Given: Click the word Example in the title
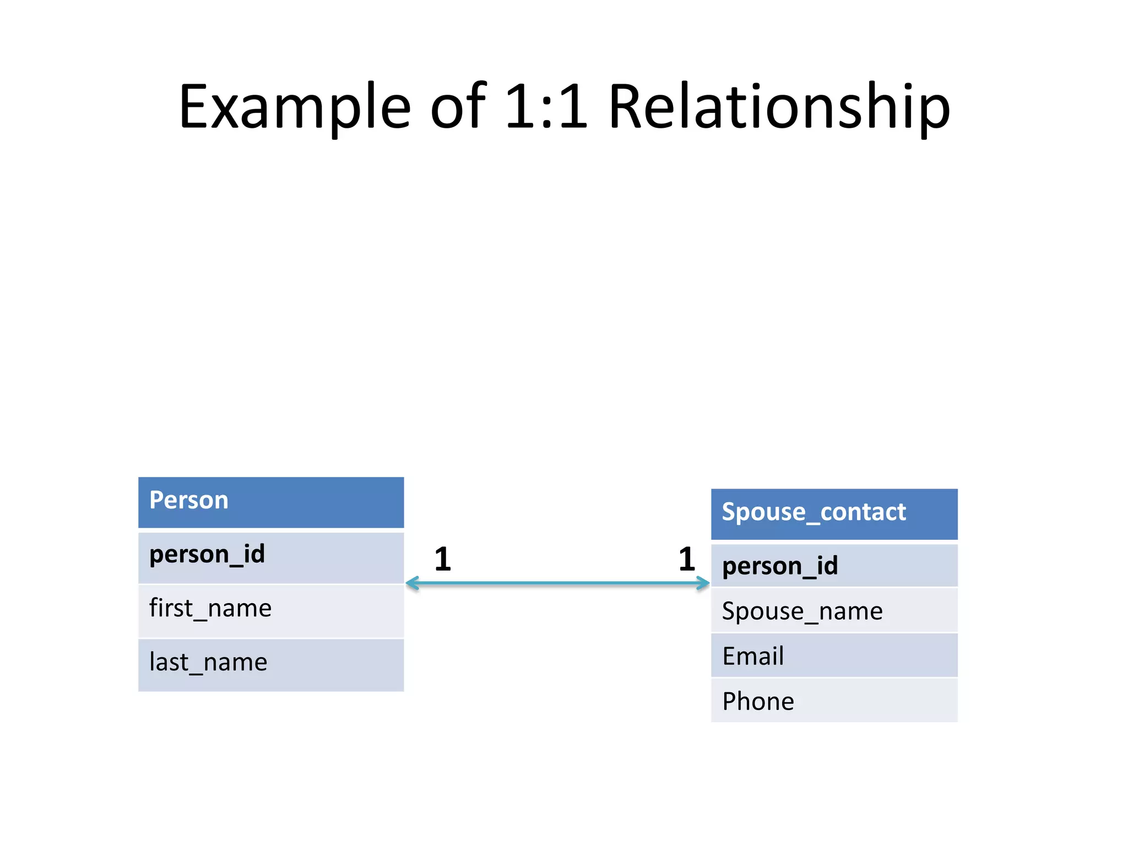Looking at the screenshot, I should [295, 107].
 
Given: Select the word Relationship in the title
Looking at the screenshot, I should [779, 107].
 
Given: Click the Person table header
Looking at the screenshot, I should [271, 502].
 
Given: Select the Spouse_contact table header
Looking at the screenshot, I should [834, 513].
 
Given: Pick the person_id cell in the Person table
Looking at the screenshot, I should [271, 556].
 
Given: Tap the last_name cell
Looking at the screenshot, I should [271, 664].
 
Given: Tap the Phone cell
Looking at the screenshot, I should [834, 701].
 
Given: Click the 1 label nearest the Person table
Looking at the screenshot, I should [443, 560].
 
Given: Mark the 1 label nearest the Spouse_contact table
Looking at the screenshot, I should [687, 560].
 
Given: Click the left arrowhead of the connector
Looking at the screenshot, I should [412, 583].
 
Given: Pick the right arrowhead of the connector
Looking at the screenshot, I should [703, 583].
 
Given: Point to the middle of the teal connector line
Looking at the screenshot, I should [557, 583].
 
